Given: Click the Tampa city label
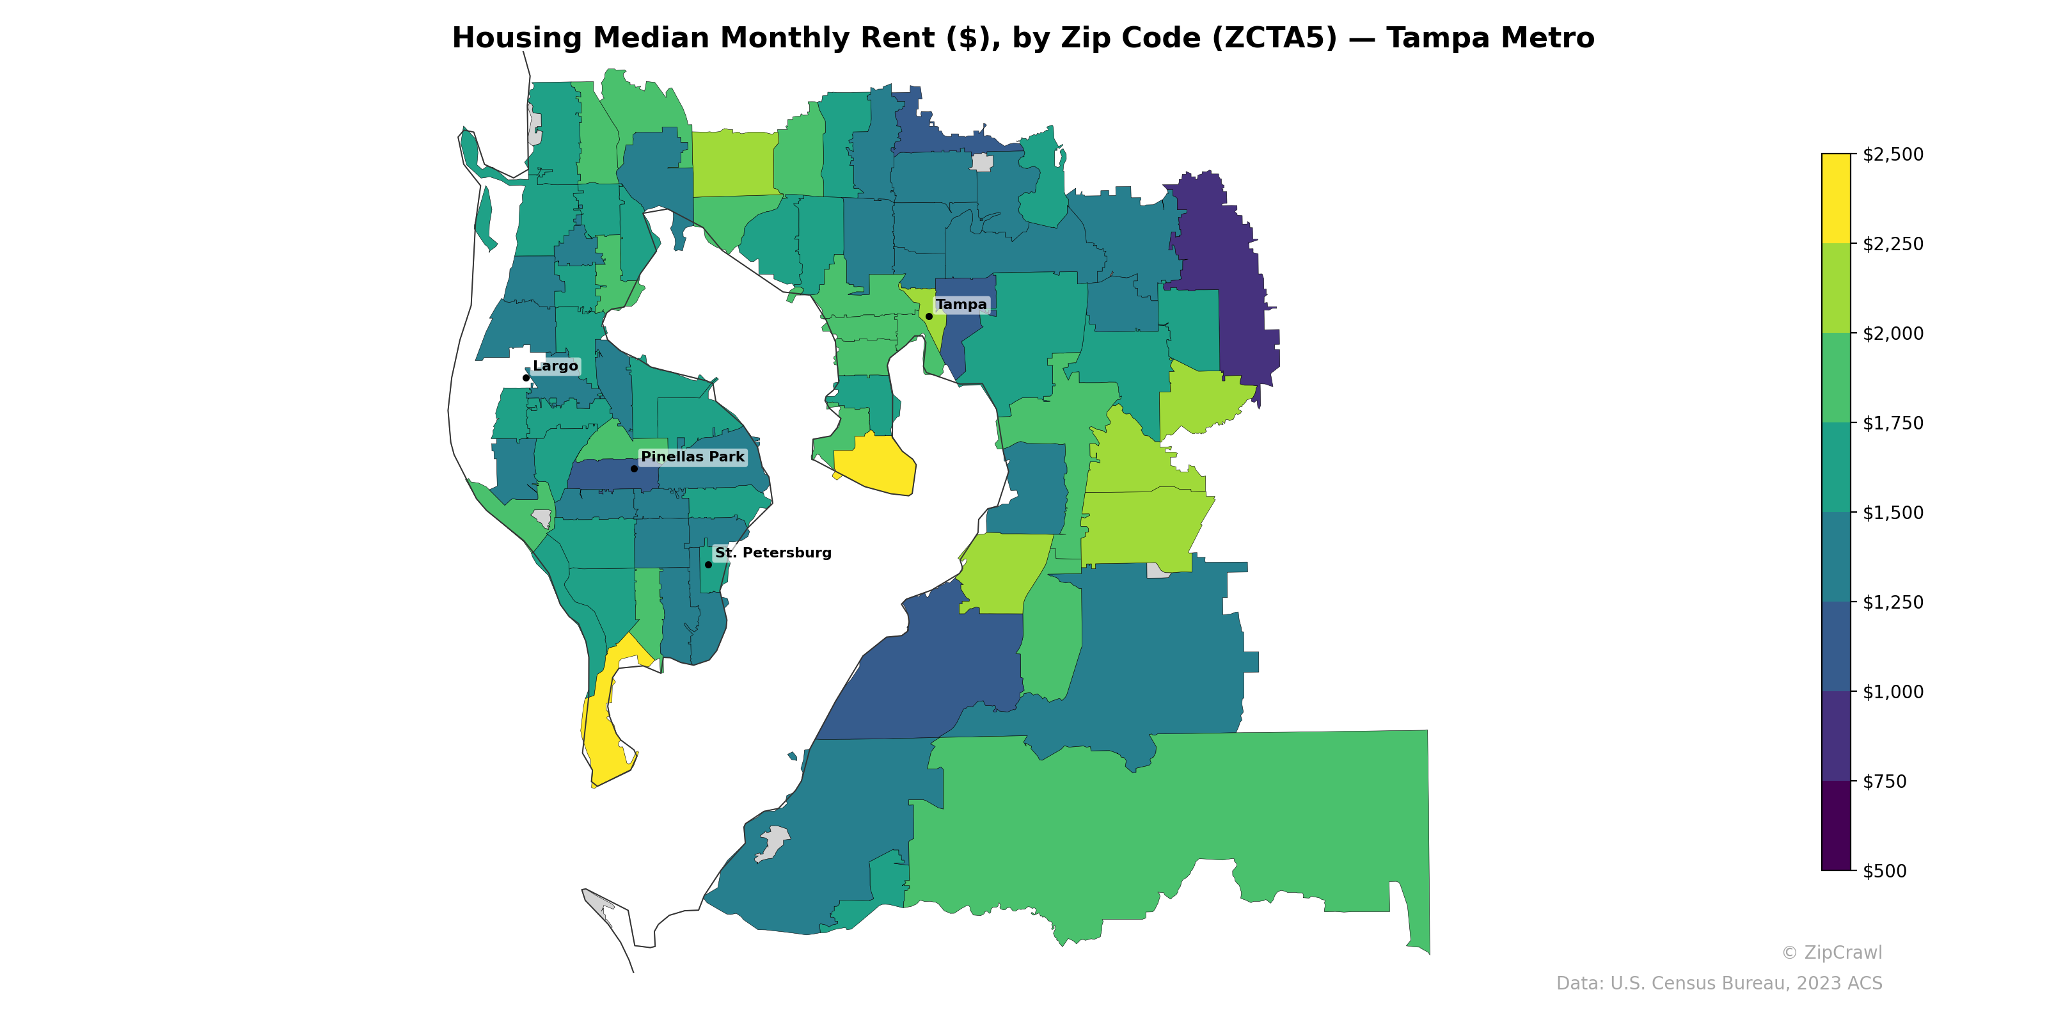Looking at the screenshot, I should point(961,305).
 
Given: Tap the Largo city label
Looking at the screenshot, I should point(555,365).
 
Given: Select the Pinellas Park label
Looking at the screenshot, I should point(692,456).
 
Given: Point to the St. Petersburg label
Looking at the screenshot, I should point(772,552).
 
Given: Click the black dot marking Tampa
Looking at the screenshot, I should point(929,316).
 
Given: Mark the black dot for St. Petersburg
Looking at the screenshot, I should point(708,564).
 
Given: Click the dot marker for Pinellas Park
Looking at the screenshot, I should point(634,468).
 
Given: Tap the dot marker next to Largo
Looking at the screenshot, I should point(526,378).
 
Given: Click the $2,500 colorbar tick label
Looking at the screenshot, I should point(1893,154).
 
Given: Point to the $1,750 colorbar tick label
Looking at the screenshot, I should point(1893,423).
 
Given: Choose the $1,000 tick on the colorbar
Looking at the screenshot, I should point(1893,692).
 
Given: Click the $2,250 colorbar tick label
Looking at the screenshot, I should point(1893,244).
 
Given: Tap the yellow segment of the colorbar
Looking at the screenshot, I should point(1836,199).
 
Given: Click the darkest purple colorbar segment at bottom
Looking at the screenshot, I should point(1836,825).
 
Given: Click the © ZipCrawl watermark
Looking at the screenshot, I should point(1831,952).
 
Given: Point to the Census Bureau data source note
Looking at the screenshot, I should point(1719,984).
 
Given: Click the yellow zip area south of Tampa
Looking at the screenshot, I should point(874,465).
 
